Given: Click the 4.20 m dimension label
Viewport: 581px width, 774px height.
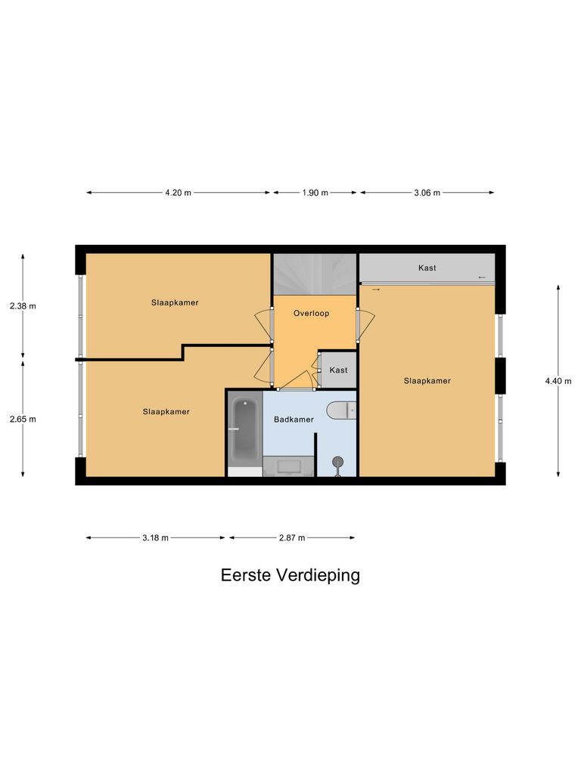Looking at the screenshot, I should click(178, 193).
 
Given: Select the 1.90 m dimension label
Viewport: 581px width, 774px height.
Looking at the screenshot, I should click(315, 193).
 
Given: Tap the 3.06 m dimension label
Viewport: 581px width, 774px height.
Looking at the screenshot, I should click(427, 193).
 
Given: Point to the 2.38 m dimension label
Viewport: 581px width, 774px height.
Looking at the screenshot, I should click(23, 306).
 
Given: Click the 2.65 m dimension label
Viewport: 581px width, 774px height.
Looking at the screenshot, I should click(23, 419).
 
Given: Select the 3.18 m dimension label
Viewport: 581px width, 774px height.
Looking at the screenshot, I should click(155, 538).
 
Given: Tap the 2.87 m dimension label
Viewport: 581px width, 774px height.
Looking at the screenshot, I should click(291, 538).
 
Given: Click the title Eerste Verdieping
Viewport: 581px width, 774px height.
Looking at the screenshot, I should click(290, 575).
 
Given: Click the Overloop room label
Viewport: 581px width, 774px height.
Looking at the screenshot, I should click(312, 313).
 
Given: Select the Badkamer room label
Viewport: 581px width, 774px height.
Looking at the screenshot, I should click(294, 420).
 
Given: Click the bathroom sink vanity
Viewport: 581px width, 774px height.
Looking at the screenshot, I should click(288, 466).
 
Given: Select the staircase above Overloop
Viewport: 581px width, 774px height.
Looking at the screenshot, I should click(314, 274).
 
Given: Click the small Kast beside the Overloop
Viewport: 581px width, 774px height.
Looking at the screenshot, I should click(338, 370).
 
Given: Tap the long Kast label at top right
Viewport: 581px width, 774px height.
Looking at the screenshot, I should click(427, 268).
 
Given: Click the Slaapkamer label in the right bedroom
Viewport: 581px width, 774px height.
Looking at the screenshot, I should click(427, 381).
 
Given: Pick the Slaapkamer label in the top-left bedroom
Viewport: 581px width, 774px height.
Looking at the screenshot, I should click(176, 302).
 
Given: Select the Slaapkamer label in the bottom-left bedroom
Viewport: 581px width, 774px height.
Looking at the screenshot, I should click(166, 412).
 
